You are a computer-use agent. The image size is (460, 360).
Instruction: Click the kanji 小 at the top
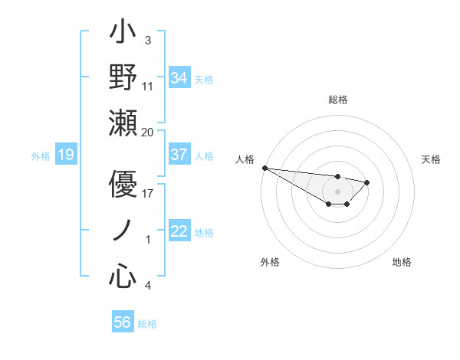123,34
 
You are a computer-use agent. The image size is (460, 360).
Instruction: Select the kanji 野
123,78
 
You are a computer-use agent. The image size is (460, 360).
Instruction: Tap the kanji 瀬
123,123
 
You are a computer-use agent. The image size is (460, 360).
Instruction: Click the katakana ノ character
123,231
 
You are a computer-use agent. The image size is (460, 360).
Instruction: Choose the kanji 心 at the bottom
123,276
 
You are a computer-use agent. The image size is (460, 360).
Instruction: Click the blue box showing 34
179,78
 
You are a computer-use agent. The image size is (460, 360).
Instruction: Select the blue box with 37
179,155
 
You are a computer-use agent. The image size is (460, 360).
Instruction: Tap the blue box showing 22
179,231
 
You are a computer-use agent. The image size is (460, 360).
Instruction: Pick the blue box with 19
65,155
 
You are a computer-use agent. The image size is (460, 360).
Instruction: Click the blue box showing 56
123,322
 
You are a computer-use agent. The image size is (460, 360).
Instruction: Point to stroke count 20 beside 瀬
148,132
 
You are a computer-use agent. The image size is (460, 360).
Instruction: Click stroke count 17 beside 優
148,193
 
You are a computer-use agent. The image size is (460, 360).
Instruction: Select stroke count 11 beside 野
148,87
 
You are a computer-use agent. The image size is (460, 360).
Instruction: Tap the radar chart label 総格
337,100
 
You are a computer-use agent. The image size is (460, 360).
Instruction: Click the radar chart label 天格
432,159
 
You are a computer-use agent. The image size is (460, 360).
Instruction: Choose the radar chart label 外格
270,262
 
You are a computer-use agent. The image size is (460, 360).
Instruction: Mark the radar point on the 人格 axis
264,168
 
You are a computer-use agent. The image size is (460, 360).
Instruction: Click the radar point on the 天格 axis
367,182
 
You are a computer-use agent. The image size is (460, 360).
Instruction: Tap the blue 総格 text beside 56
147,324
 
